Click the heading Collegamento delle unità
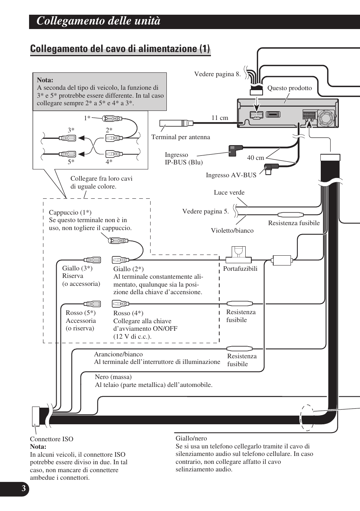click(x=98, y=21)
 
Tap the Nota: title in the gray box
click(x=45, y=80)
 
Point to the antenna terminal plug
click(x=176, y=123)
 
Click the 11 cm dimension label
click(x=220, y=118)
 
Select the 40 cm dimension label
click(x=255, y=158)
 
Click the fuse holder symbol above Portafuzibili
click(x=238, y=255)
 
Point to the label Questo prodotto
click(x=289, y=88)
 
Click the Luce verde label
click(x=229, y=192)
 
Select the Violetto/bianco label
click(x=232, y=230)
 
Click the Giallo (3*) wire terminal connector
click(x=92, y=260)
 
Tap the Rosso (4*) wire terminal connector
click(x=120, y=304)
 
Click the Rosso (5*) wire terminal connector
click(x=92, y=304)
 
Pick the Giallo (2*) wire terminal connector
click(x=120, y=260)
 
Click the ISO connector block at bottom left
click(x=36, y=416)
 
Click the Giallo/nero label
click(x=191, y=438)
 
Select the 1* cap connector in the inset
click(x=112, y=119)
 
